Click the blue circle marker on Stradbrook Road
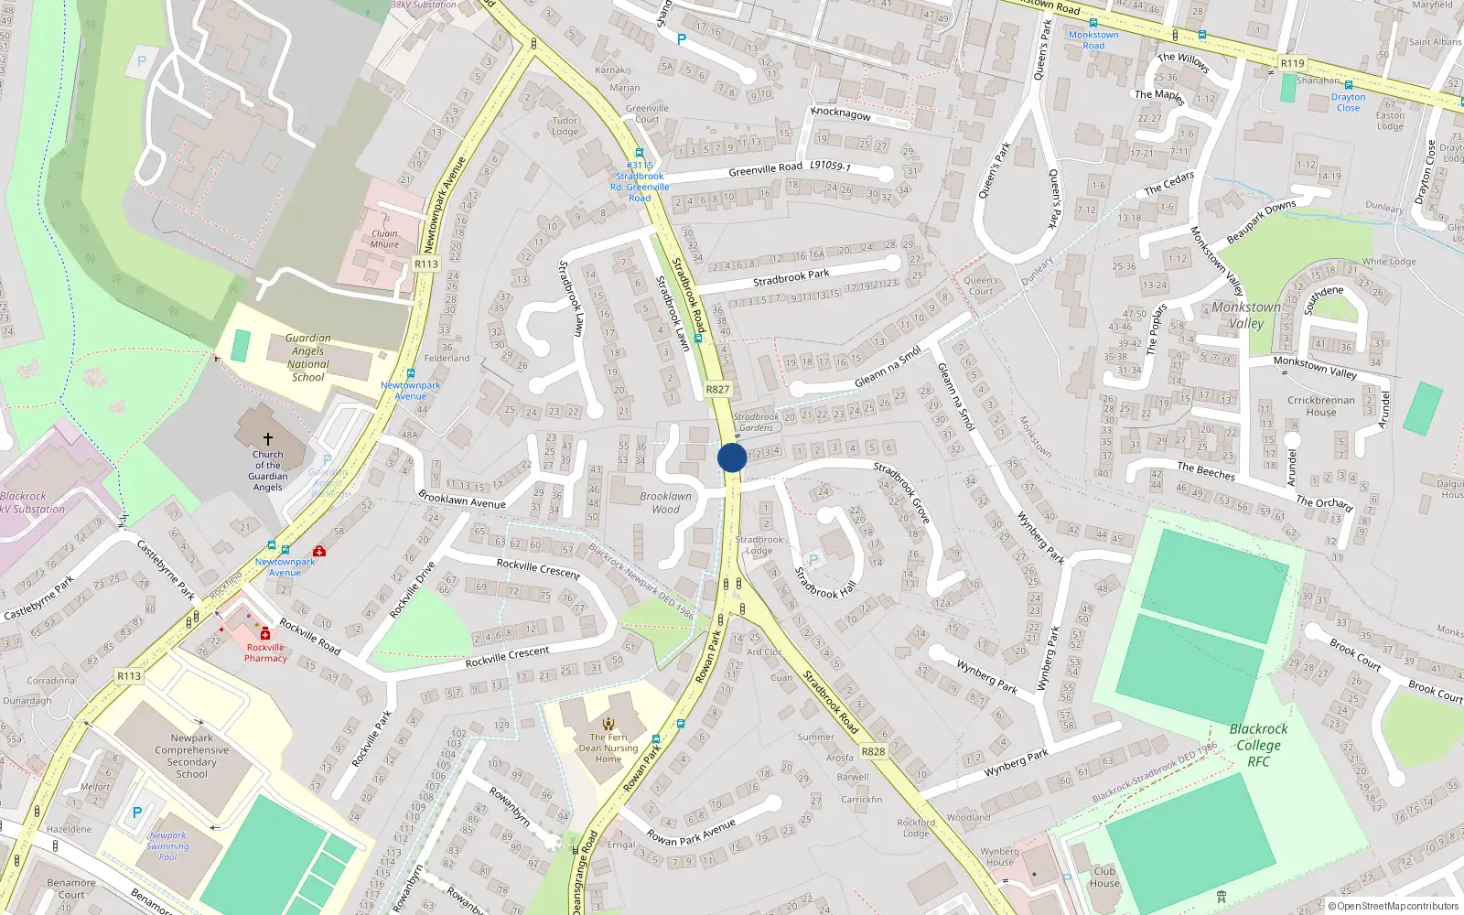coord(732,457)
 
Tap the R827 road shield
coord(717,389)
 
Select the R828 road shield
coord(873,751)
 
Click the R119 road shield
coord(1292,63)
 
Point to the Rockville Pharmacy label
coord(265,652)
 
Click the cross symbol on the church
coord(268,439)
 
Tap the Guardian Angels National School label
coord(308,357)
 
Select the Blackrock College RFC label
coord(1258,745)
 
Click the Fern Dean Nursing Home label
coord(608,748)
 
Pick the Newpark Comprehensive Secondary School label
coord(192,756)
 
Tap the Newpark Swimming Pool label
coord(168,845)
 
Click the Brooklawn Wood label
coord(666,502)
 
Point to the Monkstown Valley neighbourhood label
coord(1246,315)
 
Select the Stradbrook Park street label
coord(791,276)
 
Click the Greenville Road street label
coord(765,169)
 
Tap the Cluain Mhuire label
coord(384,239)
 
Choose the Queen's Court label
coord(981,285)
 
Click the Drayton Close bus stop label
coord(1348,102)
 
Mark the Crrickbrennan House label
coord(1321,406)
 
